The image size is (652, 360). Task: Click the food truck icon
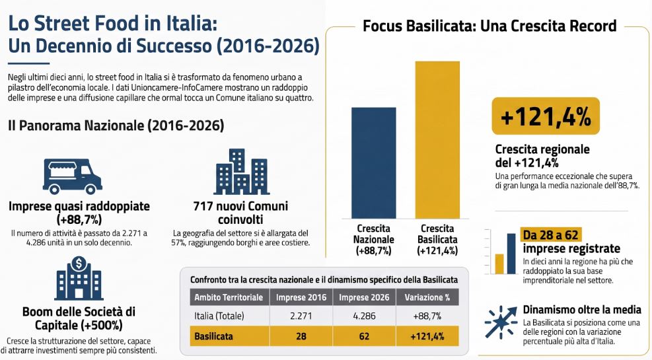73,176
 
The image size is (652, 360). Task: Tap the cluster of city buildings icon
242,172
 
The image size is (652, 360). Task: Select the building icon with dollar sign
79,278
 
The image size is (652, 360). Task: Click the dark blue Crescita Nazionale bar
374,163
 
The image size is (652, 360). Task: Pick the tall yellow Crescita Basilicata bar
437,140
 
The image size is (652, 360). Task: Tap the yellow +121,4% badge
546,116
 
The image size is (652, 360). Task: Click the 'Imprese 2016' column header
301,297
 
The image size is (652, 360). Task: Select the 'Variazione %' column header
427,297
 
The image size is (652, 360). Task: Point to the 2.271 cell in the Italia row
301,316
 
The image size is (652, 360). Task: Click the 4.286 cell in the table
364,316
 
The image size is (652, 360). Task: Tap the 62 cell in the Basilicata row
364,336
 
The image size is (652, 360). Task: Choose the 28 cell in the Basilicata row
301,336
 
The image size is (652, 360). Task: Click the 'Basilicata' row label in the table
213,336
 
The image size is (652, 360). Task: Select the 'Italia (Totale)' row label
219,316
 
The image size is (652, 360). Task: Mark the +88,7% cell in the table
427,316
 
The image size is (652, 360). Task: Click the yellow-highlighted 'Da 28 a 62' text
551,235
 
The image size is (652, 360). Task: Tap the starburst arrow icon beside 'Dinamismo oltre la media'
501,322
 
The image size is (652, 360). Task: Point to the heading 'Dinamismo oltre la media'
582,310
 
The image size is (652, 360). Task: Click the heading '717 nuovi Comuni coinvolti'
240,213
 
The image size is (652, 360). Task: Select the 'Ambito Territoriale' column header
229,297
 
